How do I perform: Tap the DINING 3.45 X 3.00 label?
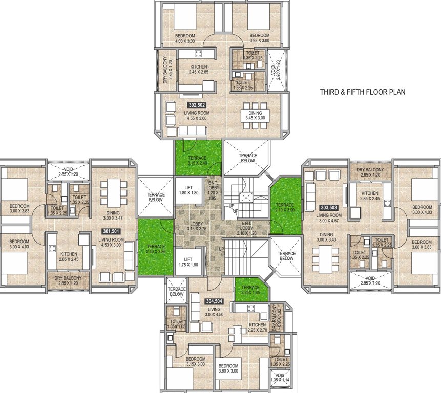pyautogui.click(x=255, y=116)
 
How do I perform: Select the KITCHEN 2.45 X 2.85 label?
pyautogui.click(x=198, y=70)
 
